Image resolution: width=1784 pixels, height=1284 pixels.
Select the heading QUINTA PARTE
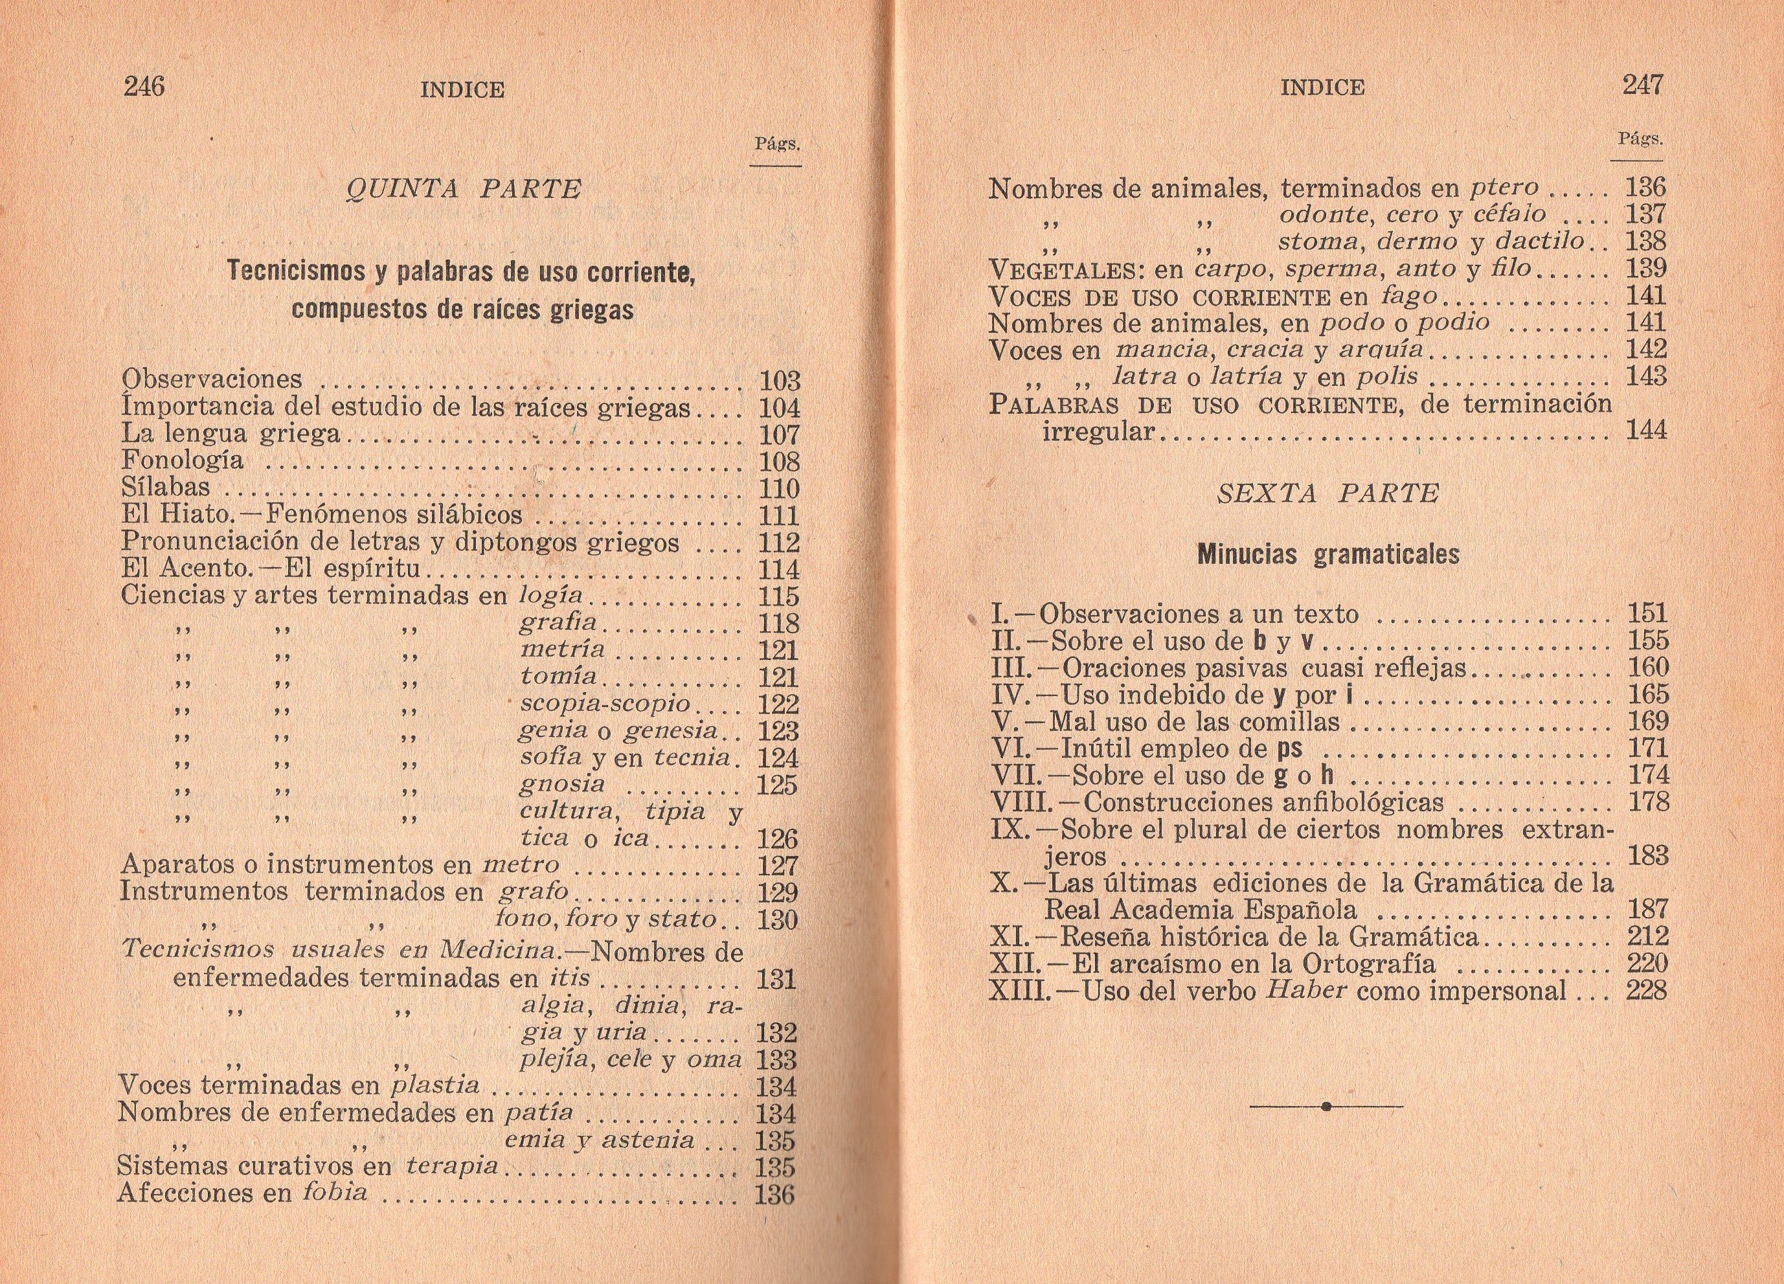click(463, 190)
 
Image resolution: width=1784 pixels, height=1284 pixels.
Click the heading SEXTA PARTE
click(1327, 493)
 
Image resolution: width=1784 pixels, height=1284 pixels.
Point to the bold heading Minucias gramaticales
click(1327, 555)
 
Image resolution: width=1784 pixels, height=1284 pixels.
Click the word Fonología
click(183, 460)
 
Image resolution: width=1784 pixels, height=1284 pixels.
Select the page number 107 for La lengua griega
click(779, 435)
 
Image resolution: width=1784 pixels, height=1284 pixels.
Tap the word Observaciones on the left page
click(212, 379)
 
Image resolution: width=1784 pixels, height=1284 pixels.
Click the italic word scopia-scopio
click(604, 703)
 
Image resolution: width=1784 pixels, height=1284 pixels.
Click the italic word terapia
click(451, 1166)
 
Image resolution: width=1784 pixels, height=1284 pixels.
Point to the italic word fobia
click(335, 1193)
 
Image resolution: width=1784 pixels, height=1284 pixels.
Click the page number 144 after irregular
click(1645, 431)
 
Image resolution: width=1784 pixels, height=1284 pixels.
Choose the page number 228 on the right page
click(1645, 991)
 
